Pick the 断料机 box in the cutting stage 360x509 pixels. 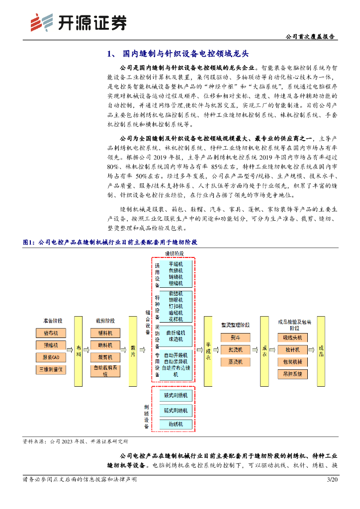[105, 345]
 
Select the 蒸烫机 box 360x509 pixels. [236, 362]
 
